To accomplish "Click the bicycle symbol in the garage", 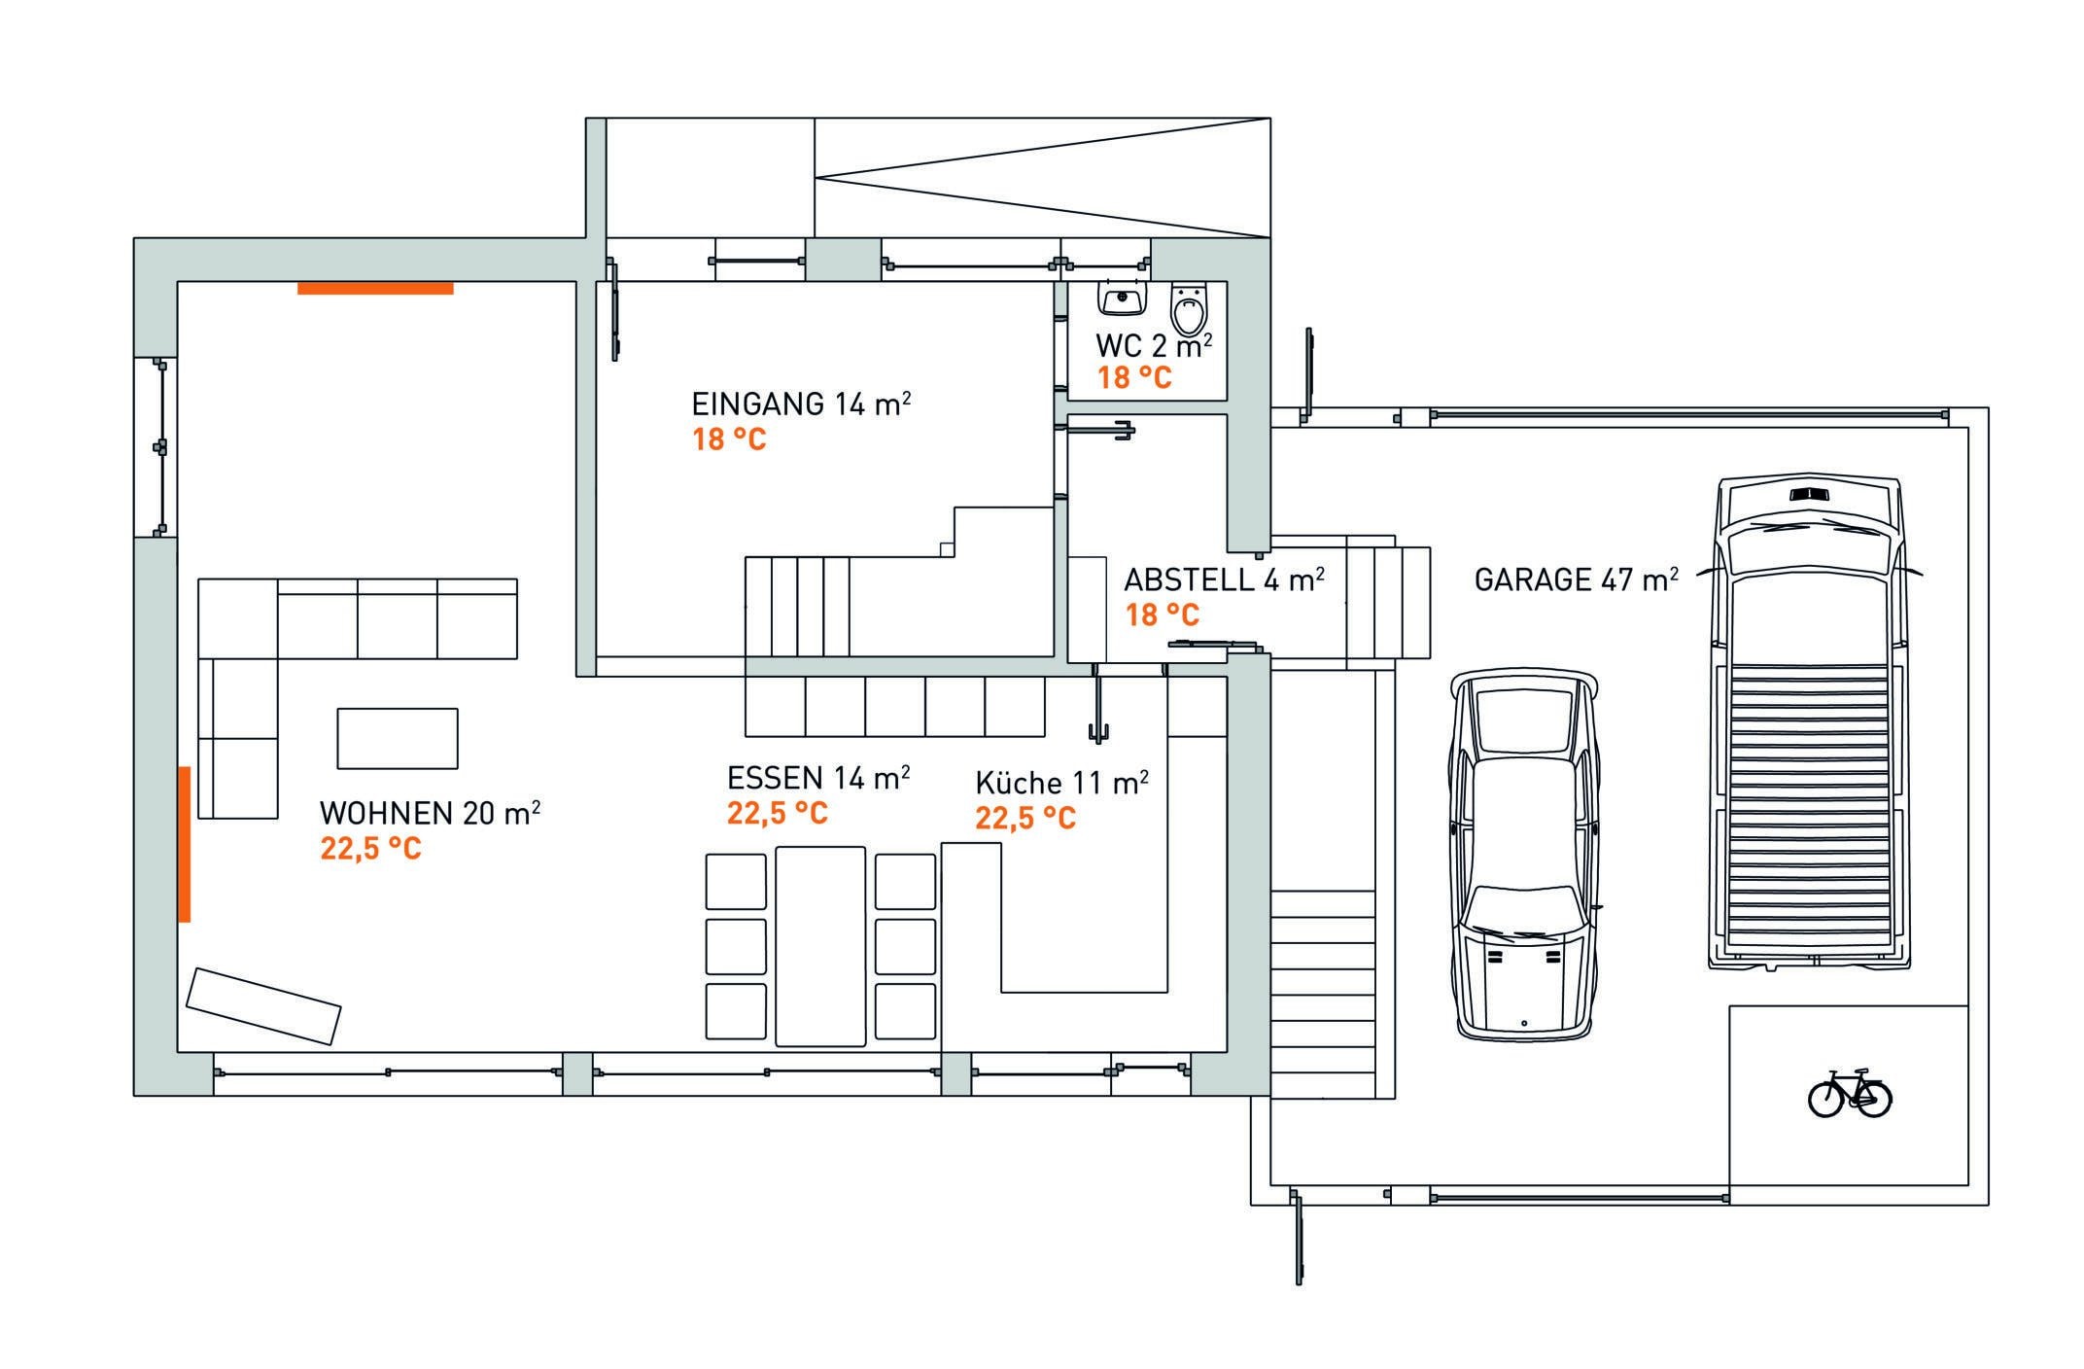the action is click(1849, 1093).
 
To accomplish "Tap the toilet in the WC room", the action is click(1190, 309).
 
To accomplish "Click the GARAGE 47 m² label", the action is click(1576, 579).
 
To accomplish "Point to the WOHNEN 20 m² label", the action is click(430, 812).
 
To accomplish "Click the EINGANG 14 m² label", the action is click(801, 403).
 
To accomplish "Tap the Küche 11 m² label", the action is click(1061, 783).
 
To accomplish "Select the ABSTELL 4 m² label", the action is click(1224, 580).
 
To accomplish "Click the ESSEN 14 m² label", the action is click(818, 777).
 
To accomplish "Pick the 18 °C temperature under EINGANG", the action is click(729, 439).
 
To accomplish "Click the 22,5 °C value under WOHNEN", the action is click(370, 849).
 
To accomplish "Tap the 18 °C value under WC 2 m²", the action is click(1134, 377).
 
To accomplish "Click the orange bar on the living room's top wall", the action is click(375, 288).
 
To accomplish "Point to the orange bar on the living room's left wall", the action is click(184, 844).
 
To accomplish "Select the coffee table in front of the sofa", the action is click(398, 739).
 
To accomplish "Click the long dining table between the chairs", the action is click(820, 946).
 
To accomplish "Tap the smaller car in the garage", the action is click(1523, 855).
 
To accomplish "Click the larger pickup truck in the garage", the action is click(1808, 723).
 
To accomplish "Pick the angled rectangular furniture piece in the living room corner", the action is click(263, 1006).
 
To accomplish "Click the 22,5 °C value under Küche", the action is click(1025, 818).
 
